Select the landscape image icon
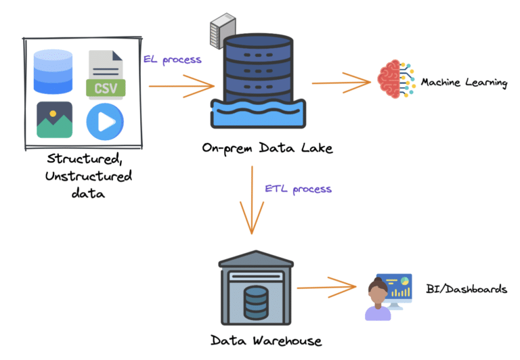(x=55, y=120)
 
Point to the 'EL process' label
(x=172, y=60)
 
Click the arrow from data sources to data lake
(x=181, y=87)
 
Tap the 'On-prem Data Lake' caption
(x=267, y=148)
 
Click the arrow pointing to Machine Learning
(x=342, y=83)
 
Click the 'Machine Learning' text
(x=464, y=83)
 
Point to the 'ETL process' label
(x=298, y=188)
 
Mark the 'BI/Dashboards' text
(x=467, y=289)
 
